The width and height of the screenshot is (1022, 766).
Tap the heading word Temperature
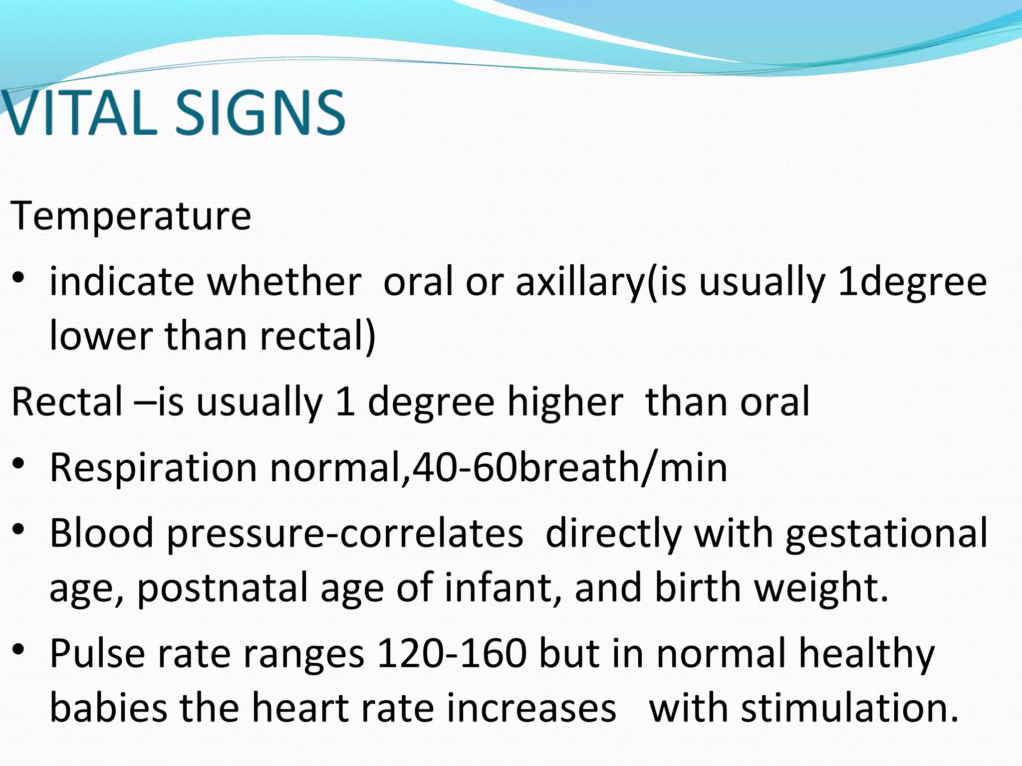131,215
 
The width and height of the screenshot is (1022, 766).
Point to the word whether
284,282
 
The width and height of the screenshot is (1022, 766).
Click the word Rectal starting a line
67,402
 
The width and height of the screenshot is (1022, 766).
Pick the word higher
565,402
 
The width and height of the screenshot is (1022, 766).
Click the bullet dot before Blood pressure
19,529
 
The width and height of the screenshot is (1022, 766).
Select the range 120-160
452,653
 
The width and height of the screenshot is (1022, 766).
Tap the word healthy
866,653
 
